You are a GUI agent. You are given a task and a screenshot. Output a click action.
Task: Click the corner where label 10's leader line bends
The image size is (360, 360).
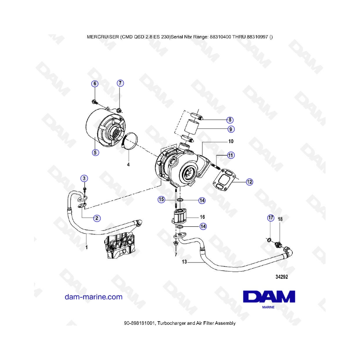pos(202,142)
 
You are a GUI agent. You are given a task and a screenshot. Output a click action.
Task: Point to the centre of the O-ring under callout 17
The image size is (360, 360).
pos(269,240)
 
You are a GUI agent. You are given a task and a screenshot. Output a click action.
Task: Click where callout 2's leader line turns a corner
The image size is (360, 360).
pos(82,218)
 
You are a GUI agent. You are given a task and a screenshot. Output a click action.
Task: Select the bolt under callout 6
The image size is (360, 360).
pos(94,102)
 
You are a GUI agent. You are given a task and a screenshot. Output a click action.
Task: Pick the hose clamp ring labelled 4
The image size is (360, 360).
pos(130,141)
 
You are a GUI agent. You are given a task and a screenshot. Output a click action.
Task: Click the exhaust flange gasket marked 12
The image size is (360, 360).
pos(224,180)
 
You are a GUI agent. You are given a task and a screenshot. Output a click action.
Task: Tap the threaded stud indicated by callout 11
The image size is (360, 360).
pos(217,166)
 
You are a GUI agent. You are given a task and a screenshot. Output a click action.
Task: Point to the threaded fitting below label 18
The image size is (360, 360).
pos(278,245)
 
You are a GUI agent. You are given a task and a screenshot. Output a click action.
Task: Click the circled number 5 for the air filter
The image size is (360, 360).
pos(96,152)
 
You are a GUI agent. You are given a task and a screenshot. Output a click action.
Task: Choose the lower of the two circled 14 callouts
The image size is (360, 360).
pos(203,226)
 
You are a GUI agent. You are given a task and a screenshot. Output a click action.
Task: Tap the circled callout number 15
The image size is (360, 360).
pos(162,199)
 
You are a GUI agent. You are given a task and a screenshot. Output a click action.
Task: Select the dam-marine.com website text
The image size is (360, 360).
pos(94,297)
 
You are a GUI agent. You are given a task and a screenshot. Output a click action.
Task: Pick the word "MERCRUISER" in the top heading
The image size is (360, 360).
pos(103,37)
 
